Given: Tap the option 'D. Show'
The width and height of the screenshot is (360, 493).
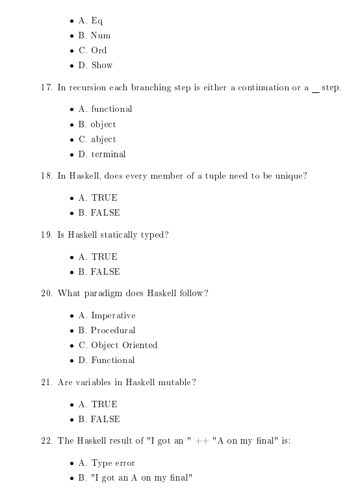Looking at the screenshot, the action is pyautogui.click(x=96, y=65).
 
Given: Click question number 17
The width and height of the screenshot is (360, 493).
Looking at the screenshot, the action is pyautogui.click(x=46, y=88).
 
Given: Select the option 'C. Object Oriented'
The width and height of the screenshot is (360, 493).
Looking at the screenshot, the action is pyautogui.click(x=117, y=346).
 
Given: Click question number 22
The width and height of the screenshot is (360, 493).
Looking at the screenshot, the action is pyautogui.click(x=46, y=441).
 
